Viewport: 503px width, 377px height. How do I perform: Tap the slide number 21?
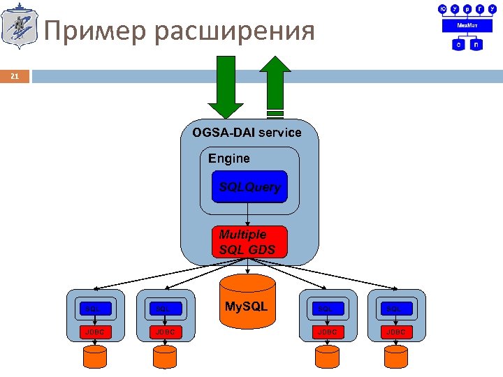[15, 76]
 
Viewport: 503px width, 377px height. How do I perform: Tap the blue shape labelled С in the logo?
[458, 44]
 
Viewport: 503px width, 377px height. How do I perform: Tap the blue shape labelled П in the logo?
[476, 44]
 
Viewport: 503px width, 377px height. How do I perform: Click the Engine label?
[228, 158]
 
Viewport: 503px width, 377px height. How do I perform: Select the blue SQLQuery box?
[249, 186]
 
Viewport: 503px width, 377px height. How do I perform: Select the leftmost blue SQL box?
[95, 308]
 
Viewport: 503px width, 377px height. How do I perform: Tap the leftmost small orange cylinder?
[95, 357]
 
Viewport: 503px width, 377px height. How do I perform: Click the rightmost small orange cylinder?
[397, 357]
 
